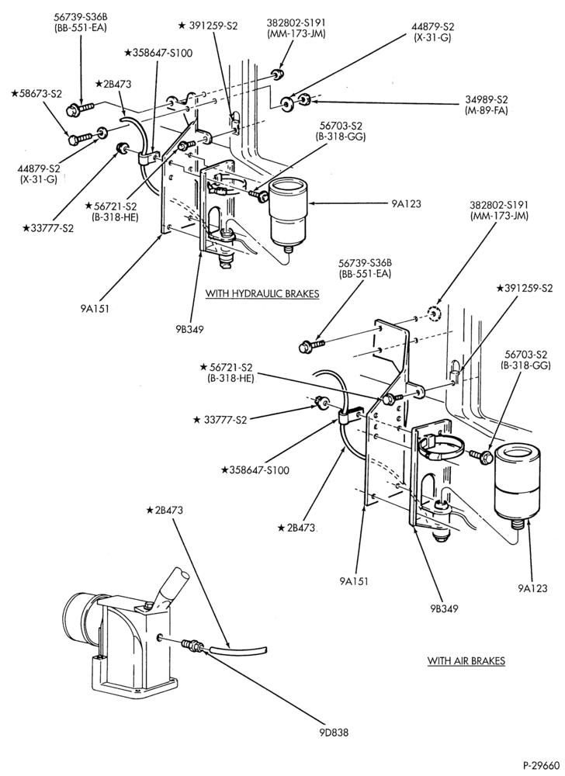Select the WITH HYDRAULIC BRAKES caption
pos(262,293)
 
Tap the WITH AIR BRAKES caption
pos(466,660)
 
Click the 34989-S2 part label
pos(487,99)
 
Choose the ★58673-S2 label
pos(36,93)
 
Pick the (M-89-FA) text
pos(487,110)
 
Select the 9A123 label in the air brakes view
pos(532,588)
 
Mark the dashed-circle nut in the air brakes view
pos(434,314)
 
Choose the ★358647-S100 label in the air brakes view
pos(255,469)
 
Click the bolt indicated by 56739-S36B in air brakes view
pos(310,345)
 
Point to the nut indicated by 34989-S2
pos(306,100)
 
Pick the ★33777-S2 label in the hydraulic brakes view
pos(48,228)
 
